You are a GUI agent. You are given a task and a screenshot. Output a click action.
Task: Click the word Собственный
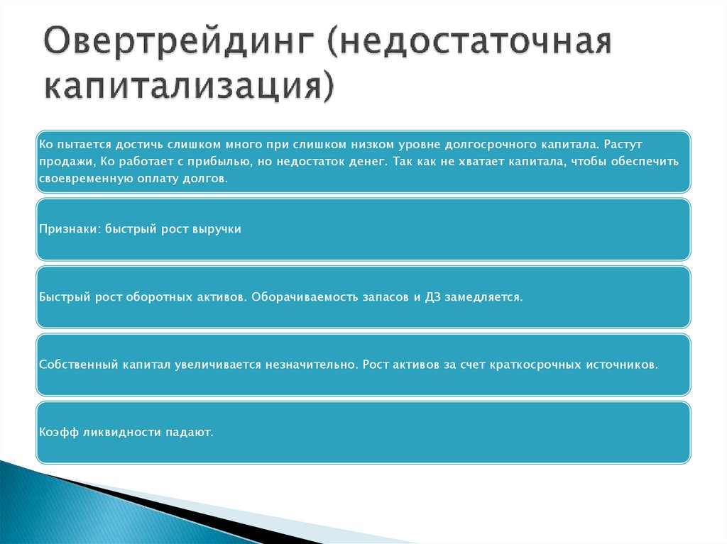pos(77,365)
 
